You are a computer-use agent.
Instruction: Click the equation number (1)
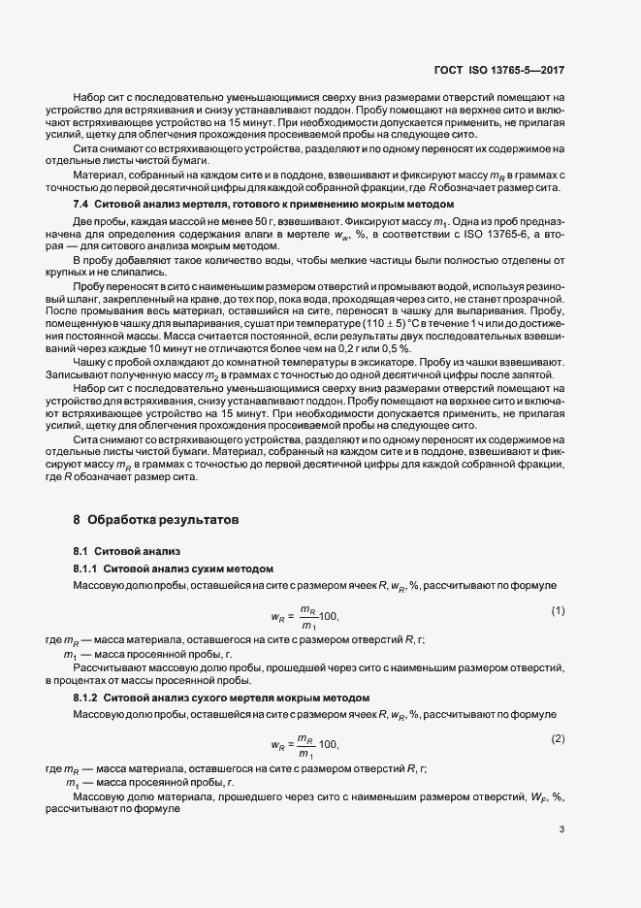558,610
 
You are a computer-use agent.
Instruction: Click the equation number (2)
558,739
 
